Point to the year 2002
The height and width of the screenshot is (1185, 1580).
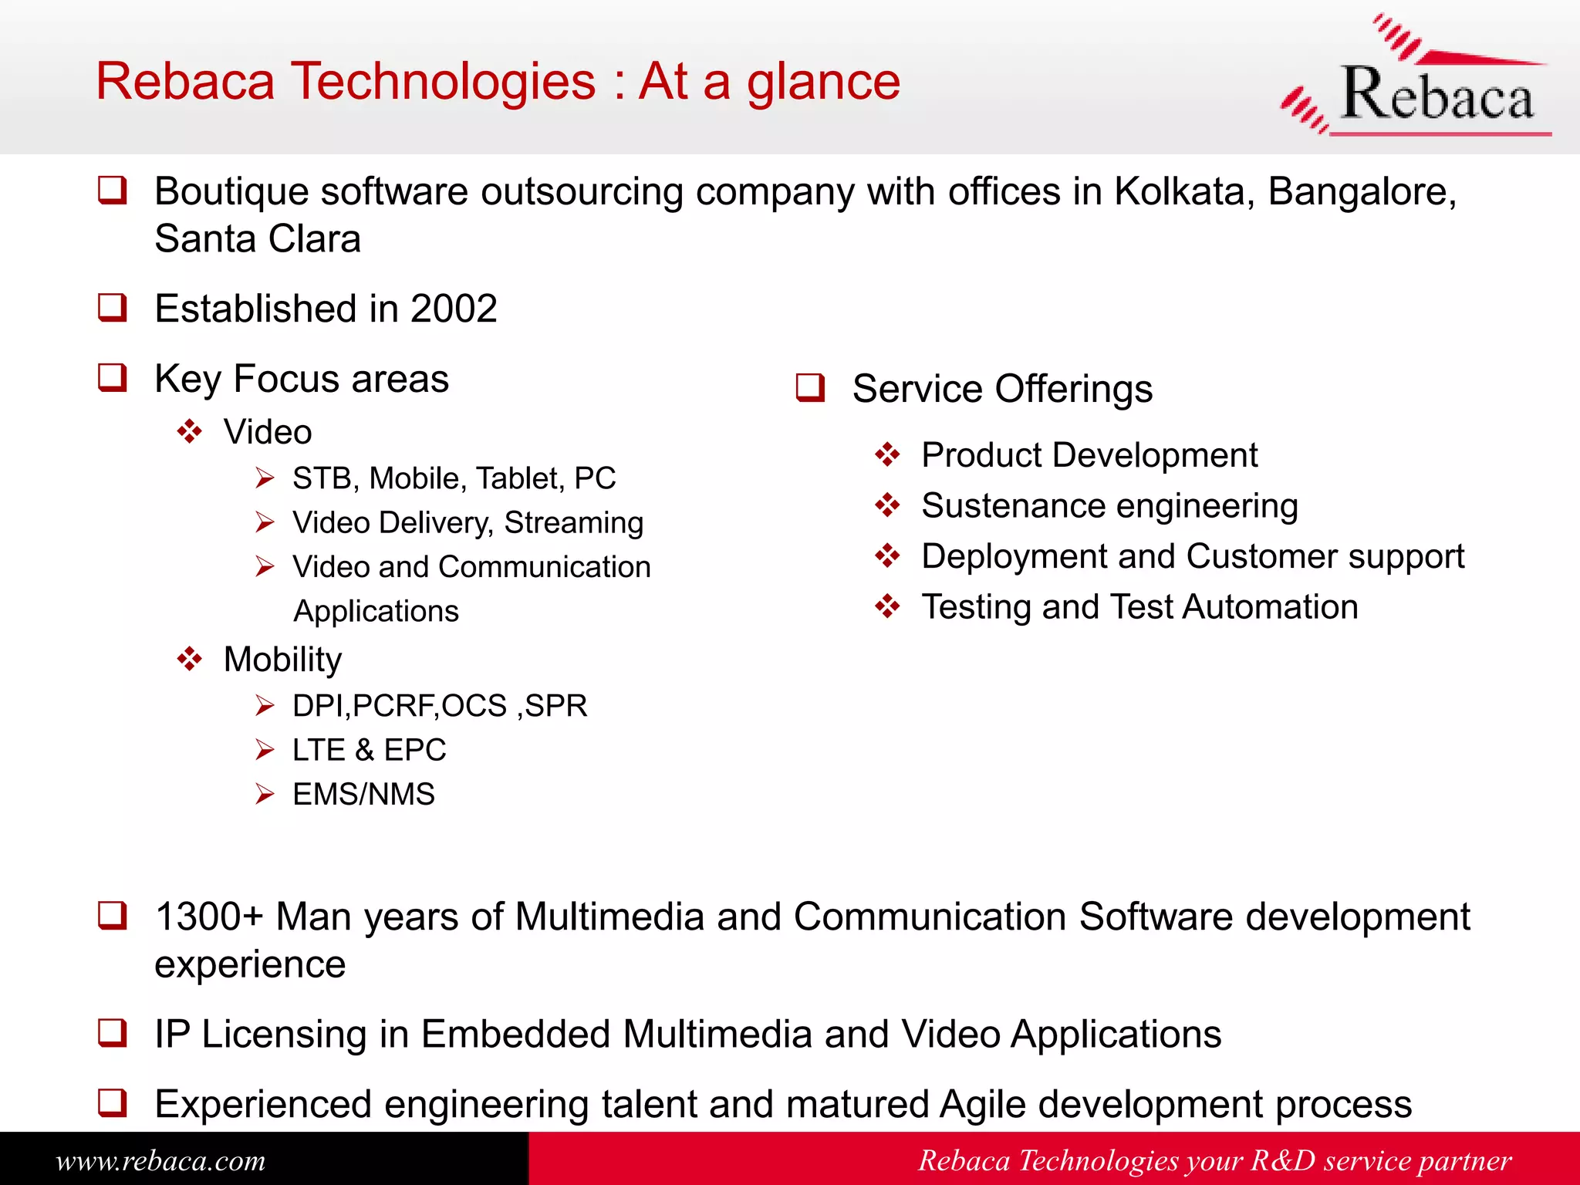coord(454,309)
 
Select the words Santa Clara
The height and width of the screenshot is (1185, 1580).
coord(258,238)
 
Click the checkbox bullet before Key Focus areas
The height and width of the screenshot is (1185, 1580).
coord(113,378)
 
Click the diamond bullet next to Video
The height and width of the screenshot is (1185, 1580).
coord(190,431)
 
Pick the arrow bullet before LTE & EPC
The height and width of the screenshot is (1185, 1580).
coord(265,750)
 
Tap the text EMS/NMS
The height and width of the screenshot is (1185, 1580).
coord(363,794)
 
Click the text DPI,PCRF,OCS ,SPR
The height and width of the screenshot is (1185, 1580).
coord(440,706)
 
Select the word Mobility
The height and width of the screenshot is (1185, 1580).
coord(282,660)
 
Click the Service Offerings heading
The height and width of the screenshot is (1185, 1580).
coord(1002,389)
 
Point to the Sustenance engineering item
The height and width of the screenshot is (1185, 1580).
coord(1109,506)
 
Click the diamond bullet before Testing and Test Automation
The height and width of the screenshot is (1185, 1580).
coord(887,606)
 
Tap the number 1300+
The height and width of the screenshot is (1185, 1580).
coord(209,917)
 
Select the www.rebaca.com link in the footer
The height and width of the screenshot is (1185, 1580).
coord(160,1160)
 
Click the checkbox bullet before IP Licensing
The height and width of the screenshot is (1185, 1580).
coord(113,1032)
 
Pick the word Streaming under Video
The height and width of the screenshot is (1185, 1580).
coord(573,523)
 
